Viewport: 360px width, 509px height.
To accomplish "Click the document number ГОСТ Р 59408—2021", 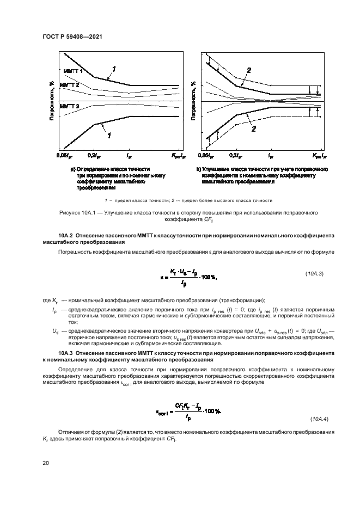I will [x=72, y=36].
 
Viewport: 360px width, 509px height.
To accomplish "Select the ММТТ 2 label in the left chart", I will [x=69, y=85].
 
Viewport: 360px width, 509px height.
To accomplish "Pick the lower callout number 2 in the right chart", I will [x=253, y=129].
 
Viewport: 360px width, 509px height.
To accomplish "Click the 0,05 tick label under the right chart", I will [x=207, y=156].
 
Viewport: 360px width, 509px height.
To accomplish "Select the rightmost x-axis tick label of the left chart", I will [x=179, y=157].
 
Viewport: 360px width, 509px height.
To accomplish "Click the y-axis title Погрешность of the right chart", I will [x=193, y=101].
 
